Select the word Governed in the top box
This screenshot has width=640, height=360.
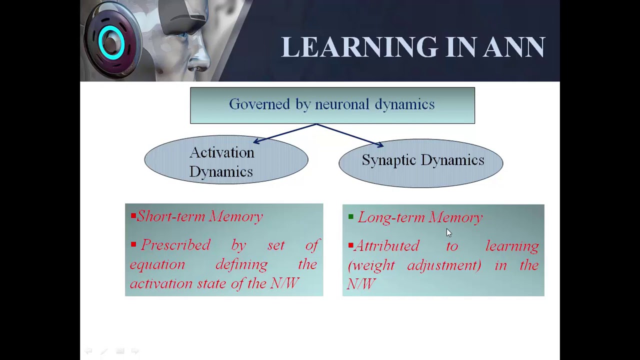(252, 104)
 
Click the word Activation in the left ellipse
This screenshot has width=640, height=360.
(221, 152)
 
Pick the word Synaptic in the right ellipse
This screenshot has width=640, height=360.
(387, 160)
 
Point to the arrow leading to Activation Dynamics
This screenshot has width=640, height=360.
(285, 133)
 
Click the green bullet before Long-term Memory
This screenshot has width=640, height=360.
(351, 216)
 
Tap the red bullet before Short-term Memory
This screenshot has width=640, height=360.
(133, 216)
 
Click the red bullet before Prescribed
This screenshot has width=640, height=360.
(133, 244)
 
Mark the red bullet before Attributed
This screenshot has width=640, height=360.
(351, 245)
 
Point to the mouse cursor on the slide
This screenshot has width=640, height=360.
(448, 232)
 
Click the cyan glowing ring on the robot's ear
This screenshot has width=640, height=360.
(111, 43)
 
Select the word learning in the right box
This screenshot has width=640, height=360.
(511, 246)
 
